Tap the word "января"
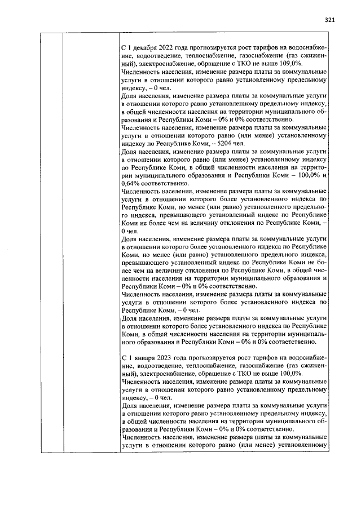(144, 358)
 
